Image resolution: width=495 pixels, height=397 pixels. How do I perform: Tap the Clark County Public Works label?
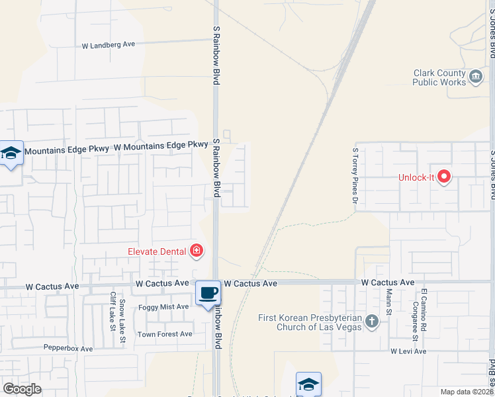click(439, 77)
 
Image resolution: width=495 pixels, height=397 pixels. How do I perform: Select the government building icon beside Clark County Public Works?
click(476, 78)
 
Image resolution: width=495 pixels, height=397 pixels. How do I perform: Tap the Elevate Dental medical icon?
click(197, 250)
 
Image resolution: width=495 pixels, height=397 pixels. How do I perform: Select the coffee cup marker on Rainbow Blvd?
click(208, 293)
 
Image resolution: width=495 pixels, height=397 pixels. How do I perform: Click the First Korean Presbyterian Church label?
click(310, 322)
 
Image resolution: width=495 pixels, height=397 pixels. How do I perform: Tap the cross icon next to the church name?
click(372, 322)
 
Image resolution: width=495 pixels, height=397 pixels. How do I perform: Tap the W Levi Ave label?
click(408, 351)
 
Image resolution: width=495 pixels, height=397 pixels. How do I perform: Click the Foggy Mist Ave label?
click(163, 307)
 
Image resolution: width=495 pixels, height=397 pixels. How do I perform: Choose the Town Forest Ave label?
click(165, 334)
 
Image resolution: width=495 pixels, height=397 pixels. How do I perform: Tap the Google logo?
click(22, 388)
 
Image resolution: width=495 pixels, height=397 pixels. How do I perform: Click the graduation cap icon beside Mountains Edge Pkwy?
click(11, 154)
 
